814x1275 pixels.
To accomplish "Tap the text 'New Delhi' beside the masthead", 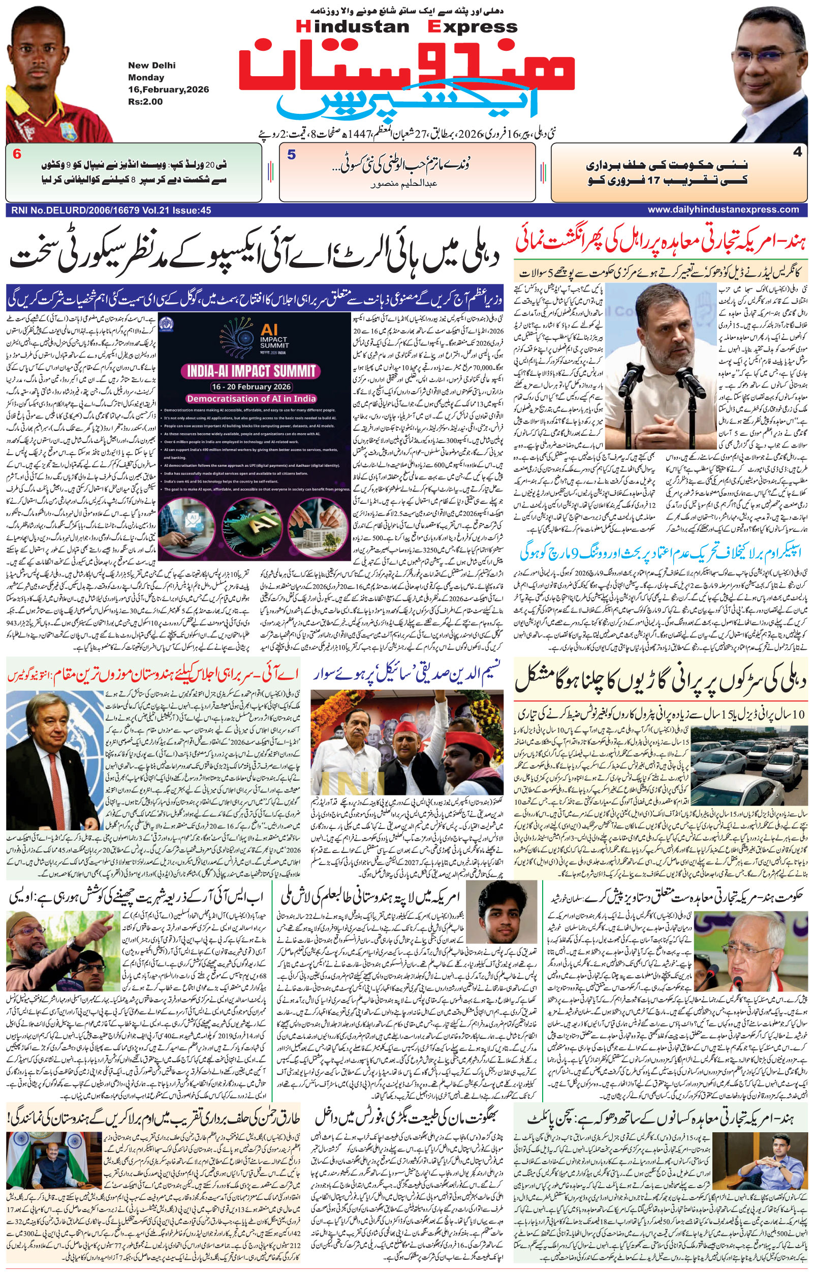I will [151, 66].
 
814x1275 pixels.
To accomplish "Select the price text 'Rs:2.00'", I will [145, 102].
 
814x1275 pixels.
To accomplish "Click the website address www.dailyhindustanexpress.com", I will [723, 210].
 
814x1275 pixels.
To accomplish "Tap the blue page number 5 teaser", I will [291, 154].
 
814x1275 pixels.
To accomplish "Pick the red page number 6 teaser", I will [17, 154].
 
